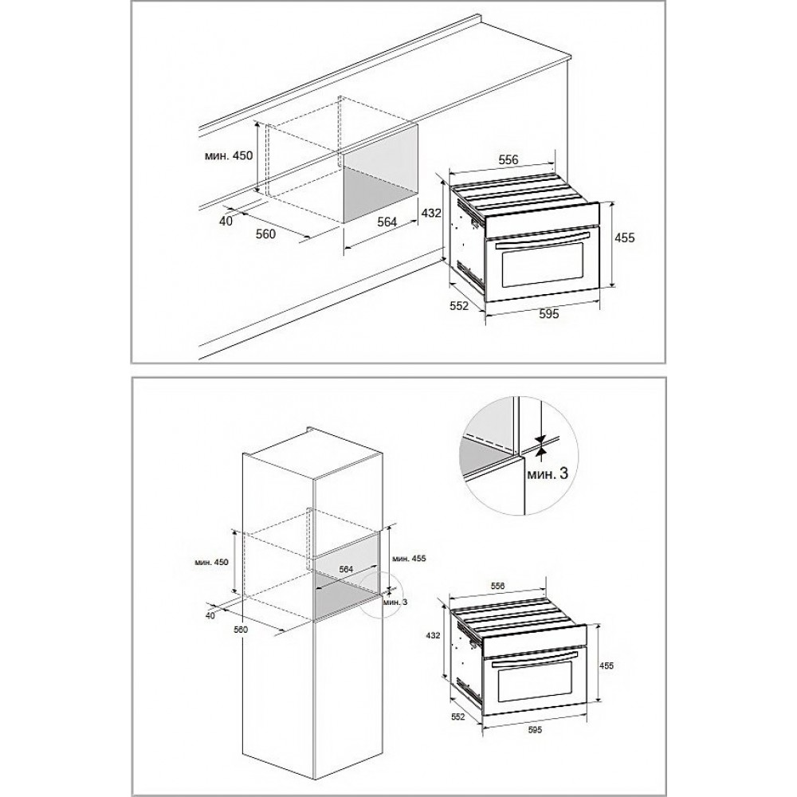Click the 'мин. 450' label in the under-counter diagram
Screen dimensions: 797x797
(228, 156)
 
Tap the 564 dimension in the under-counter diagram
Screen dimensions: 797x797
(387, 222)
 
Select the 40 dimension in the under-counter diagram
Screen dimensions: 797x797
(226, 221)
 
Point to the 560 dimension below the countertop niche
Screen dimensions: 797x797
(265, 234)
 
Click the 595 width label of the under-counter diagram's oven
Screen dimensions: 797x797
(549, 313)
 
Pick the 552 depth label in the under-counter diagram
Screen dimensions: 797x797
(459, 307)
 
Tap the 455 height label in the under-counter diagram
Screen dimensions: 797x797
(625, 238)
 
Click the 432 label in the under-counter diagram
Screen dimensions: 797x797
(431, 213)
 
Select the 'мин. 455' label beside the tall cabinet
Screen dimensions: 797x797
(409, 558)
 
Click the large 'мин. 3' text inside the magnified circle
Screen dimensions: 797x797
(547, 474)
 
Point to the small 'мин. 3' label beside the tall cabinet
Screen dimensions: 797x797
(396, 603)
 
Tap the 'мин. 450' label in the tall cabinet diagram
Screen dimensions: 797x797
(211, 562)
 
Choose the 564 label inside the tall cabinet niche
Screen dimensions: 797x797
(346, 569)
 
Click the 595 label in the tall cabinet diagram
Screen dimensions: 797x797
(535, 730)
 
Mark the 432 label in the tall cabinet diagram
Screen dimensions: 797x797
(433, 635)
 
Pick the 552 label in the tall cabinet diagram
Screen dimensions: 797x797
(458, 717)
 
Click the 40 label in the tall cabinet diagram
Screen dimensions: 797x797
(210, 615)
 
